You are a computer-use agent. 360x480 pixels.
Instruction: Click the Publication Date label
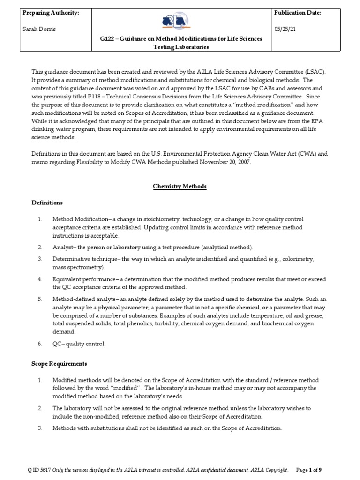[297, 13]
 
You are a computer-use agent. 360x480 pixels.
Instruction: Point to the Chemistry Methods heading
[180, 186]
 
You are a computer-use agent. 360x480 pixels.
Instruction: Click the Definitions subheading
[47, 203]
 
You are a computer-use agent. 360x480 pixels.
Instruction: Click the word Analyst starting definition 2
[62, 247]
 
